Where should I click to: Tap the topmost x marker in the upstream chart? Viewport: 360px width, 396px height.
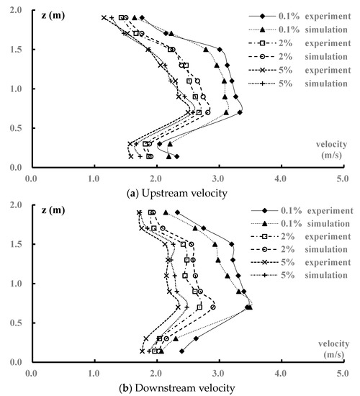tap(104, 17)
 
